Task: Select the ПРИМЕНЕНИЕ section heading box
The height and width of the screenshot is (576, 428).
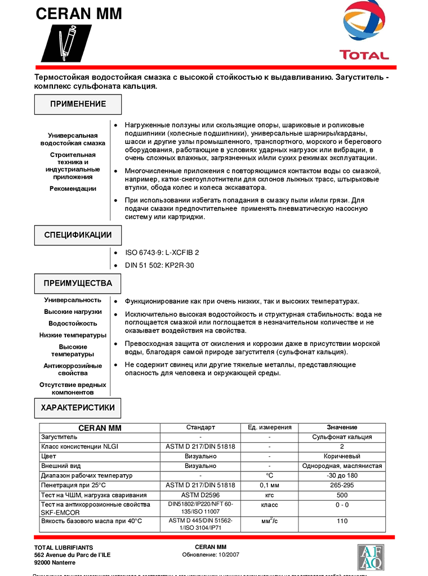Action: [x=78, y=105]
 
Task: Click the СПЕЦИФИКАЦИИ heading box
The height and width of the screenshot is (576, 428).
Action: [x=78, y=236]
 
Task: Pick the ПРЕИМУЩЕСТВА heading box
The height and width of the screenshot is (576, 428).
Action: [x=78, y=283]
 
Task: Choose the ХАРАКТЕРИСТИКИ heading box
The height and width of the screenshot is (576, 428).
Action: [x=78, y=408]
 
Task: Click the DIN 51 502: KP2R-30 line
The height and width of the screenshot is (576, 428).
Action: [x=159, y=265]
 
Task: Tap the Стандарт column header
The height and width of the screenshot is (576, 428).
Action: [x=200, y=427]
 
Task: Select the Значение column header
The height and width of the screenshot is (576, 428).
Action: [x=342, y=427]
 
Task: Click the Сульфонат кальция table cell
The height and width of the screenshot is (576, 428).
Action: [x=342, y=437]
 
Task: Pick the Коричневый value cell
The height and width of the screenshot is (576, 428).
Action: [x=342, y=456]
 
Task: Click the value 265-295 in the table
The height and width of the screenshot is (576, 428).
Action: [x=342, y=485]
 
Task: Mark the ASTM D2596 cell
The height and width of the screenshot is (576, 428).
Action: [x=200, y=495]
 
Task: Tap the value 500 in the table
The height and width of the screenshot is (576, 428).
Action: [x=342, y=495]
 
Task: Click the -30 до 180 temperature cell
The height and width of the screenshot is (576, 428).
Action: [x=342, y=476]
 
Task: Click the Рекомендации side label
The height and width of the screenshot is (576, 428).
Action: [x=73, y=189]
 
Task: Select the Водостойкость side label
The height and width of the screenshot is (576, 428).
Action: [x=73, y=323]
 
